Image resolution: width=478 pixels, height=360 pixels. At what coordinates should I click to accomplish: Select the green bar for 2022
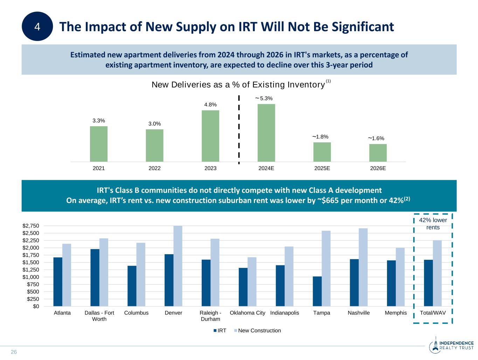pos(154,145)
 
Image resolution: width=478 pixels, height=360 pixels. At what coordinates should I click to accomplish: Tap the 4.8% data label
pos(210,104)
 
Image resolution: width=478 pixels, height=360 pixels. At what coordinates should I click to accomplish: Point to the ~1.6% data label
pos(376,138)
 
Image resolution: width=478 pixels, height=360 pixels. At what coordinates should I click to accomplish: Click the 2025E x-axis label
pos(322,168)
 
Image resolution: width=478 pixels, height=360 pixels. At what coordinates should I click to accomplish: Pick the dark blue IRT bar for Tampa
pos(317,291)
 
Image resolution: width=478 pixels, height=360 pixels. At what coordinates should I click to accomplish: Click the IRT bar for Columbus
pos(132,286)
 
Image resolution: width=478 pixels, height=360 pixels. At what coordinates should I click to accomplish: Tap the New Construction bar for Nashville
pos(363,267)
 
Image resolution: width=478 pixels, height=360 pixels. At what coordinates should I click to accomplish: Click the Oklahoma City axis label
pos(248,313)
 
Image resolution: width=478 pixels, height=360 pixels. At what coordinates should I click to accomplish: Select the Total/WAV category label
pos(433,313)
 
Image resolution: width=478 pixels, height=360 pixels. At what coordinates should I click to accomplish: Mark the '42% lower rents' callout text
pos(433,224)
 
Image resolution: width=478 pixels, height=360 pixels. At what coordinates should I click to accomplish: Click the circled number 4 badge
pos(37,27)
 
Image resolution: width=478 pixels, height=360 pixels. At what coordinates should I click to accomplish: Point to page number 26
pos(14,352)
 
